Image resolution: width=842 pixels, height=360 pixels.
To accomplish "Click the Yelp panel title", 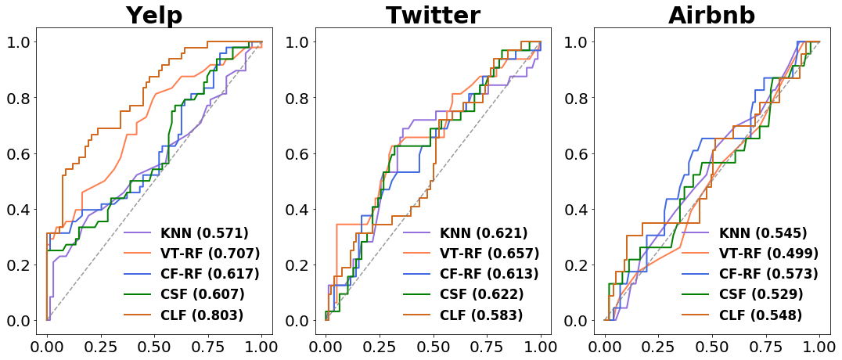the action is pos(154,16).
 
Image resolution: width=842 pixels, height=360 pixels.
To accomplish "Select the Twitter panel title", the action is pos(433,16).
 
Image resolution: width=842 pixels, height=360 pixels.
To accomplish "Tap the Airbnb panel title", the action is pos(711,16).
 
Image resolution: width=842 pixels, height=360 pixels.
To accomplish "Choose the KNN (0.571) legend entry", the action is pos(185,233).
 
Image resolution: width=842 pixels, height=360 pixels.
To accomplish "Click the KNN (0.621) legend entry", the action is pos(465,233).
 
